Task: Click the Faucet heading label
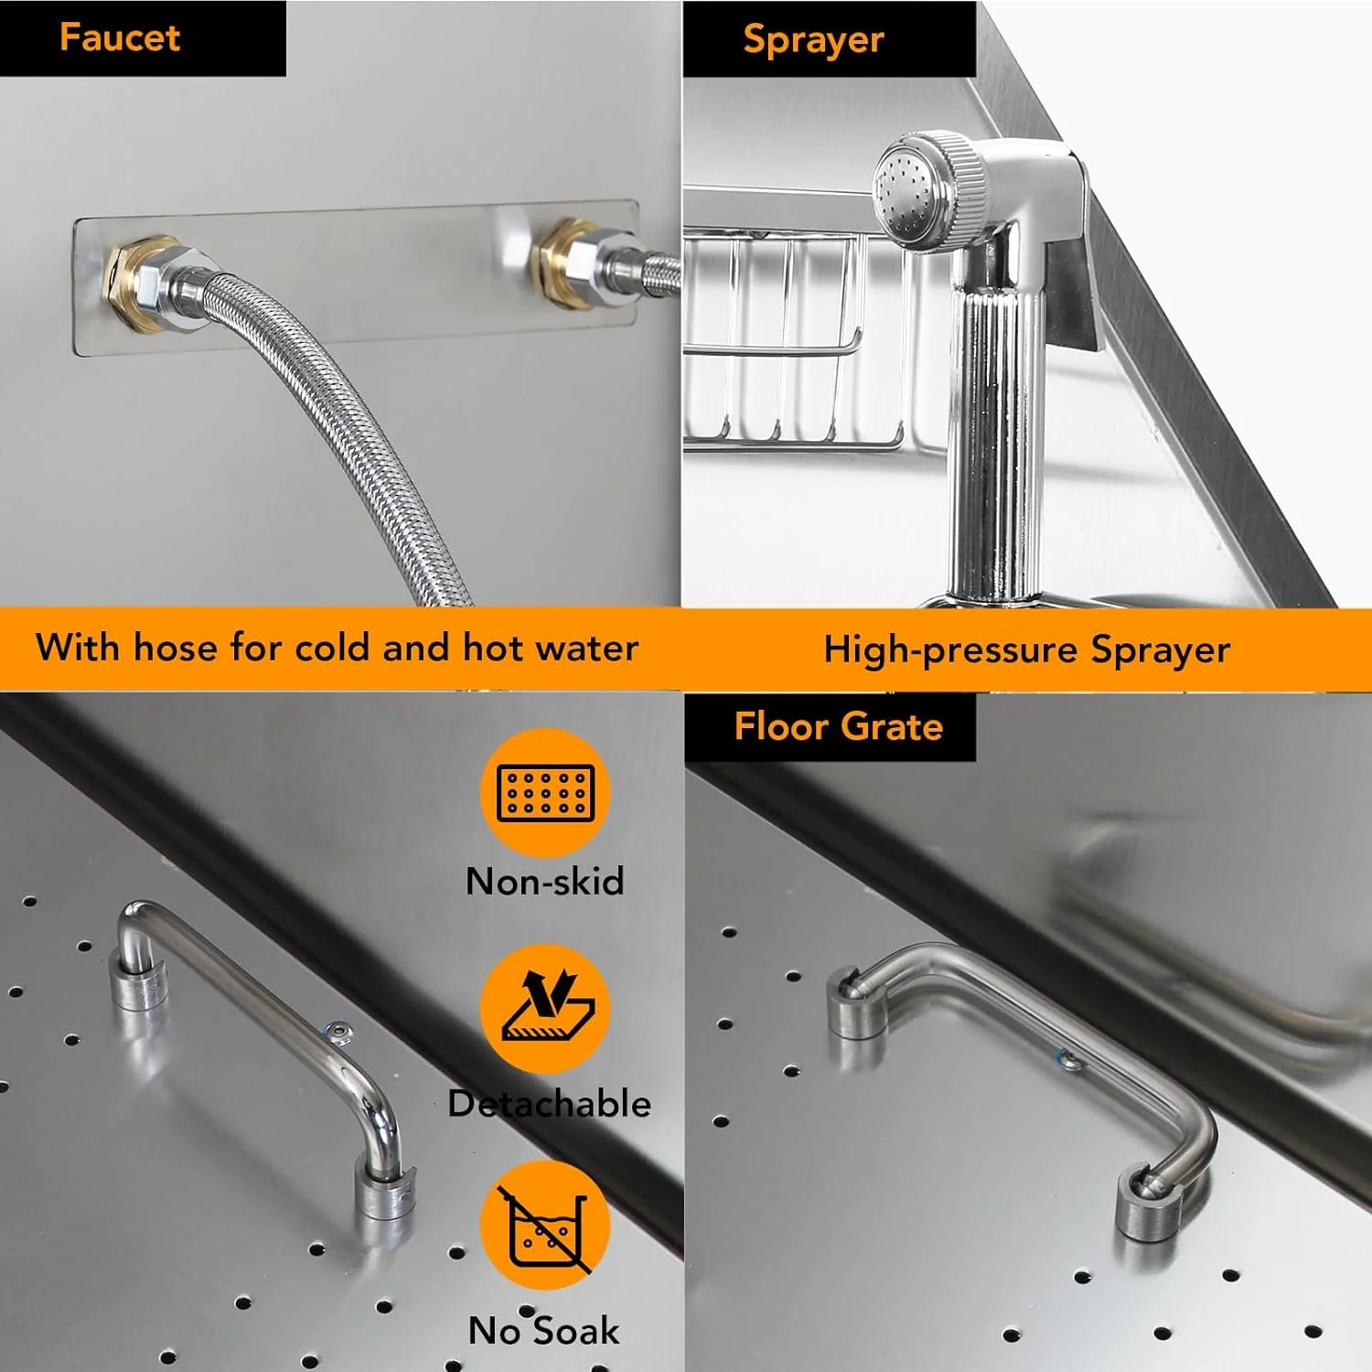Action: pyautogui.click(x=120, y=38)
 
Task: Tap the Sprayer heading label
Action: pyautogui.click(x=813, y=39)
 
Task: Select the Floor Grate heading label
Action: pyautogui.click(x=839, y=726)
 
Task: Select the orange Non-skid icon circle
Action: pyautogui.click(x=546, y=792)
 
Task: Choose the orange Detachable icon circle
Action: pyautogui.click(x=546, y=1009)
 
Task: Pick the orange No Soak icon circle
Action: pyautogui.click(x=546, y=1226)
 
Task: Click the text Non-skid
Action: pyautogui.click(x=545, y=881)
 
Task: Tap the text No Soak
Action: pyautogui.click(x=544, y=1330)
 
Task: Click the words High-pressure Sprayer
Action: pyautogui.click(x=1026, y=649)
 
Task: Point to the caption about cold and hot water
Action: pyautogui.click(x=337, y=648)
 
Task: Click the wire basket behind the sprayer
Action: pyautogui.click(x=805, y=338)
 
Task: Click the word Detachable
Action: pyautogui.click(x=550, y=1104)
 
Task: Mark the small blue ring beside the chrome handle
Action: pyautogui.click(x=337, y=1032)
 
